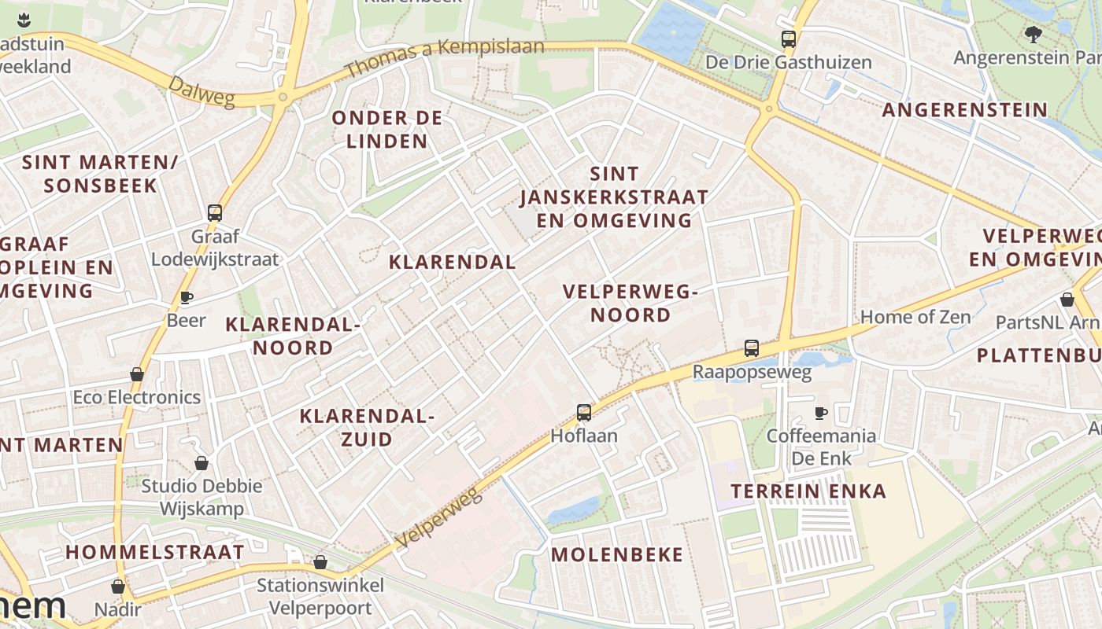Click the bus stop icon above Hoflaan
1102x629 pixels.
tap(583, 412)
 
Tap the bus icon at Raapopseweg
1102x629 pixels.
tap(752, 348)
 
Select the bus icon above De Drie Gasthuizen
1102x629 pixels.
tap(788, 39)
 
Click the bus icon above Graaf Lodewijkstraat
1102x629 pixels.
tap(215, 212)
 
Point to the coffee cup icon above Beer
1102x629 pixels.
tap(187, 296)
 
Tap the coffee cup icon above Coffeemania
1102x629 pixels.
tap(821, 412)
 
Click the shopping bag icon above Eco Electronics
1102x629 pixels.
tap(137, 374)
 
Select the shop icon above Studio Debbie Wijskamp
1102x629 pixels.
tap(202, 463)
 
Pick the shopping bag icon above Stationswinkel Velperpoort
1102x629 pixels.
tap(320, 562)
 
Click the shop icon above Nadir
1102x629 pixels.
tap(118, 587)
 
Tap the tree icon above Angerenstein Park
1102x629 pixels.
tap(1034, 34)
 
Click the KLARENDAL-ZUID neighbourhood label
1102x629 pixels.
tap(367, 428)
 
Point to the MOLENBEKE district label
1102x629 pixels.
tap(617, 554)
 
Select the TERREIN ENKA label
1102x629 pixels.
tap(808, 491)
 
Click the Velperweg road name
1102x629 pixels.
tap(438, 516)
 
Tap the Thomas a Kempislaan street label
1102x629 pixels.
tap(444, 57)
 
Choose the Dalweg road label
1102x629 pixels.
tap(201, 91)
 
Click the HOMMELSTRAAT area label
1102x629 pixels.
tap(155, 552)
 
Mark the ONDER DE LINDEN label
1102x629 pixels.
tap(387, 130)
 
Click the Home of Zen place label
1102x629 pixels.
tap(915, 317)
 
